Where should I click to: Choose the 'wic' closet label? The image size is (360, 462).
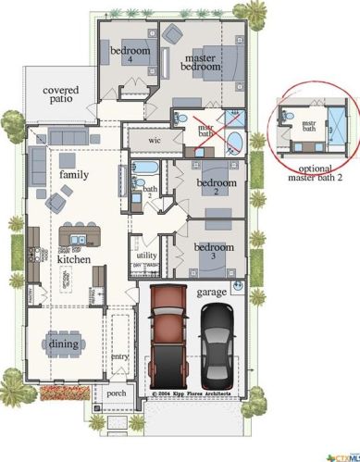point(155,140)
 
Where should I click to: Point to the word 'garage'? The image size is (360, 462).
point(212,292)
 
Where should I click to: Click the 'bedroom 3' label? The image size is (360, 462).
point(217,252)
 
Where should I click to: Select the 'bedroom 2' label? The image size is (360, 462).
point(217,188)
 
